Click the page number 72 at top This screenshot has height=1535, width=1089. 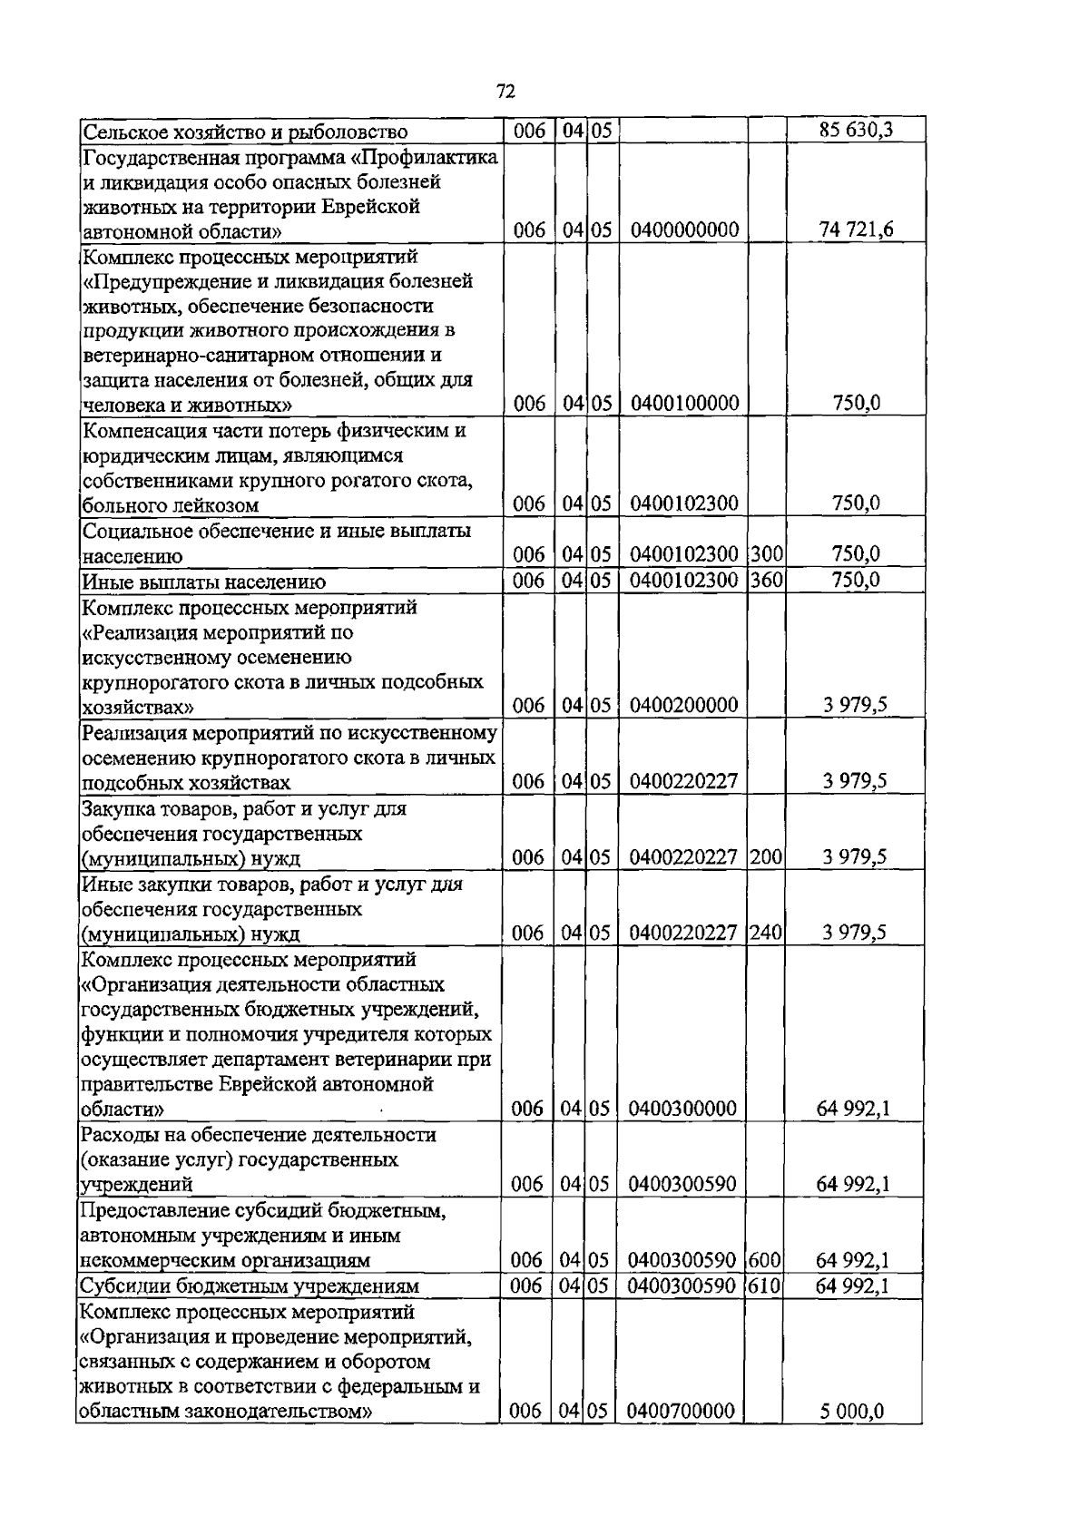pos(506,91)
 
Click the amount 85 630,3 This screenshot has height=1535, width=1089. pos(856,131)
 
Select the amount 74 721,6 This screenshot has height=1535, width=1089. pos(856,230)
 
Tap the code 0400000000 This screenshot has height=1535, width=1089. pos(682,230)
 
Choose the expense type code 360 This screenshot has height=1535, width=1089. pos(766,580)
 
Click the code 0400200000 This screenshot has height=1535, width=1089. pos(682,706)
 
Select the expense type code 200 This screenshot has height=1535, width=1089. pos(766,857)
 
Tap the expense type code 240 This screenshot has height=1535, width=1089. pos(766,933)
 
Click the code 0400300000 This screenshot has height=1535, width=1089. pos(682,1109)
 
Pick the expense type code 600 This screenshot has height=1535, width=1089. pos(766,1260)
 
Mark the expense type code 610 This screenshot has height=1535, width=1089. pos(766,1286)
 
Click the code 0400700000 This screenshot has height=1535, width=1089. pos(682,1436)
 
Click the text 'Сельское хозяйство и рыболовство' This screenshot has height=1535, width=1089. pos(245,132)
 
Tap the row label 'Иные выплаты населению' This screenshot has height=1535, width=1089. pos(204,582)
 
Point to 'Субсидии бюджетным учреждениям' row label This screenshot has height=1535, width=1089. pos(250,1286)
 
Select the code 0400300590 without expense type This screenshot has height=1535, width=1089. pos(682,1184)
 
